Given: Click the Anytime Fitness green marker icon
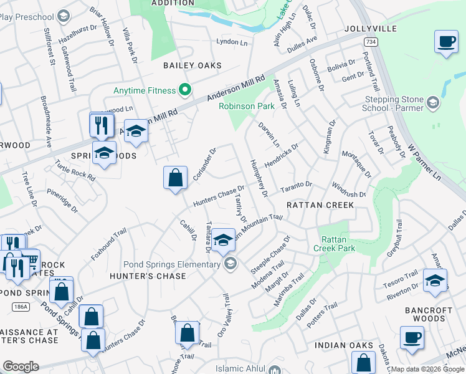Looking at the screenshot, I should click(x=184, y=90).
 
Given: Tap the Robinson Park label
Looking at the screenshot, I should click(x=246, y=106).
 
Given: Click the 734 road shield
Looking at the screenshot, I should click(x=371, y=42).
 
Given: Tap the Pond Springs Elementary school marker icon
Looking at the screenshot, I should click(x=231, y=264).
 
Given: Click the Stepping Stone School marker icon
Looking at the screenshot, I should click(x=434, y=102).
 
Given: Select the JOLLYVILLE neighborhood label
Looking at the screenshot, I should click(x=369, y=29).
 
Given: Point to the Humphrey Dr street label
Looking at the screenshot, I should click(x=258, y=176).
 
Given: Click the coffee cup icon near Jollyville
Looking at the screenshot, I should click(x=446, y=42).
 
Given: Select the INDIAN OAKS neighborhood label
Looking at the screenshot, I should click(x=344, y=345).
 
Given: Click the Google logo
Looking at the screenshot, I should click(x=21, y=367).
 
